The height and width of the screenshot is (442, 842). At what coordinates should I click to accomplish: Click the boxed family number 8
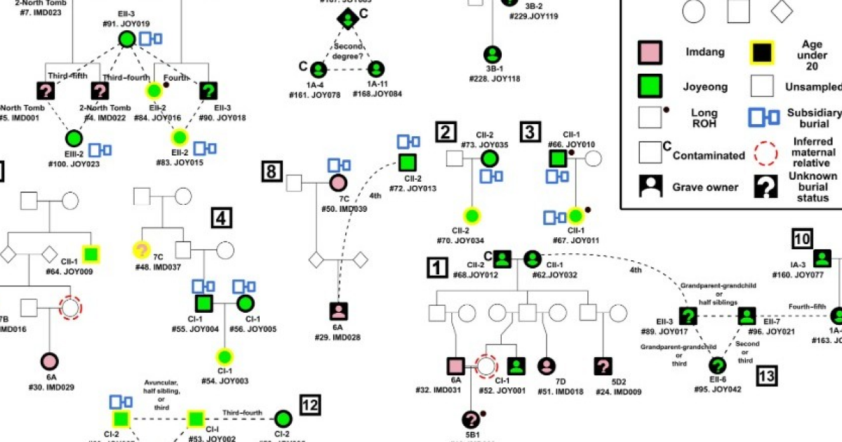tap(272, 170)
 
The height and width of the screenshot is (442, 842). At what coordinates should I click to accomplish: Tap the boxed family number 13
tap(767, 376)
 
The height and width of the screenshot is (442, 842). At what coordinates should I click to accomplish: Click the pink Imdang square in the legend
tap(649, 53)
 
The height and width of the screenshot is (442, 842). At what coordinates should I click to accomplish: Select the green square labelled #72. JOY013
tap(406, 161)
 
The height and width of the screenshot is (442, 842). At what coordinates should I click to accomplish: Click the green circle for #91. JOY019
tap(127, 39)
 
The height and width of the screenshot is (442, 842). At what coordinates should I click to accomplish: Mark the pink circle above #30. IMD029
tap(49, 360)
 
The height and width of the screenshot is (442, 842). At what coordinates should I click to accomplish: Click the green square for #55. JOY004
tap(203, 304)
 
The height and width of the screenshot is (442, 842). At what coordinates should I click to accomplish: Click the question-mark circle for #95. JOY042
tap(717, 366)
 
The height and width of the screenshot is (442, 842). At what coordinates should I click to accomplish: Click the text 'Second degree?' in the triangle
tap(347, 51)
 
